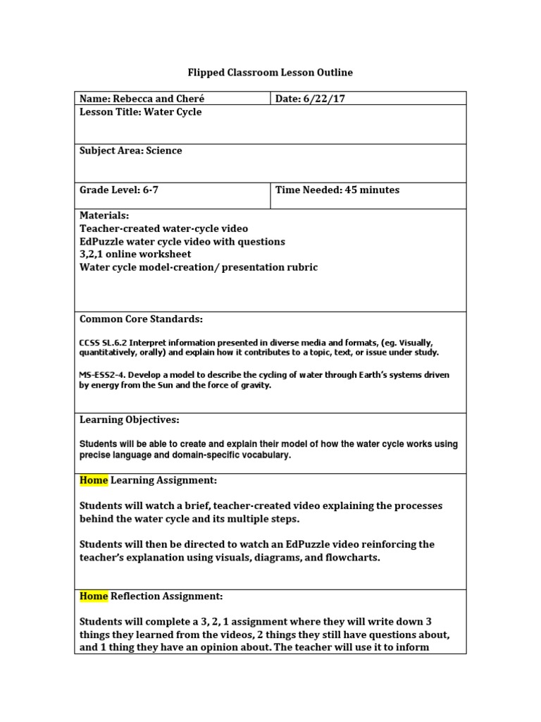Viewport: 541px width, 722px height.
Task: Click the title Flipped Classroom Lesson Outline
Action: (270, 73)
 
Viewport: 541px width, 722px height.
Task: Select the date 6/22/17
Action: (323, 99)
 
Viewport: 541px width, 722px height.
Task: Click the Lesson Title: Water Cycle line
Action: (140, 112)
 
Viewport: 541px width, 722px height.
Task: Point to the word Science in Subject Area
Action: (164, 151)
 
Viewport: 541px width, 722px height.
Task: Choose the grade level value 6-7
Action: (156, 190)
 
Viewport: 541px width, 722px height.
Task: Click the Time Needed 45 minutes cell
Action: (337, 190)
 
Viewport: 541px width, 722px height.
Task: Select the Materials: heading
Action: (104, 216)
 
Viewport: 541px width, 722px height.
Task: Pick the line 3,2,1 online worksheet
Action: (135, 254)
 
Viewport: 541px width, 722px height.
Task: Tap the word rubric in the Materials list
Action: (301, 267)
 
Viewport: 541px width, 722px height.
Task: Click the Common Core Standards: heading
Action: (141, 319)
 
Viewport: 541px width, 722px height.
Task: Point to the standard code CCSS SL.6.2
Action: (104, 343)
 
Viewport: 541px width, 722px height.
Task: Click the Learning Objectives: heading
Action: (129, 420)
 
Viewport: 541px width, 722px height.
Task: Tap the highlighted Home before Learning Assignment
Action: (94, 480)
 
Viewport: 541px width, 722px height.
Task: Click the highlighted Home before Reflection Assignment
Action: (94, 596)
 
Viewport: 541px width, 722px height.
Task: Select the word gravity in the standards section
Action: (256, 386)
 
